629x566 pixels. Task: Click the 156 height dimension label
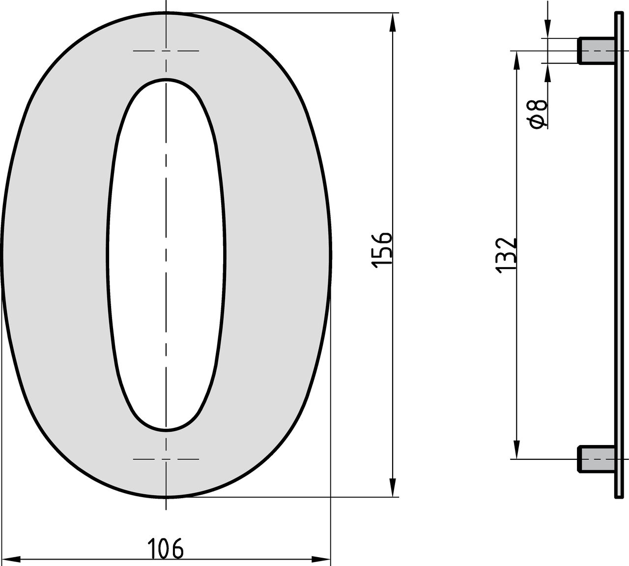pyautogui.click(x=381, y=250)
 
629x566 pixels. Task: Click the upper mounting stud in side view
pyautogui.click(x=596, y=51)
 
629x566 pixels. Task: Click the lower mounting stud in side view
pyautogui.click(x=596, y=459)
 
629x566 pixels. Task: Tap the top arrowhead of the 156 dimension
pyautogui.click(x=393, y=23)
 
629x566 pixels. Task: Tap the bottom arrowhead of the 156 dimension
pyautogui.click(x=393, y=487)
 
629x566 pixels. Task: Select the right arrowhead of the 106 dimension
pyautogui.click(x=321, y=559)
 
